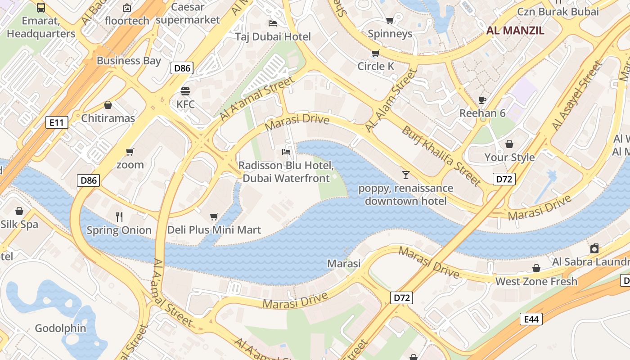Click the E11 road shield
[x=57, y=122]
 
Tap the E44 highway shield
[x=531, y=319]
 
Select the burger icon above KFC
[x=185, y=91]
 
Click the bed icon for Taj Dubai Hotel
[x=273, y=23]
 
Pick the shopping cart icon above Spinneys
[x=390, y=20]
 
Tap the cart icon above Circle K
[x=375, y=53]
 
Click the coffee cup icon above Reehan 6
[x=482, y=100]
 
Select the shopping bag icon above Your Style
[x=509, y=144]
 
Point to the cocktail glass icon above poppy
[x=406, y=175]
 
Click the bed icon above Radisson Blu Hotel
[x=286, y=152]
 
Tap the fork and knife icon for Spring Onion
[x=119, y=217]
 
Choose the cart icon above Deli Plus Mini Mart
[x=214, y=216]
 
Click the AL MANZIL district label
[x=515, y=31]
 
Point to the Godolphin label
[x=60, y=328]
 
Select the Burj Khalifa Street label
[x=441, y=156]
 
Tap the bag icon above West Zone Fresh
[x=536, y=268]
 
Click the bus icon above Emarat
[x=41, y=7]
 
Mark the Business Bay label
[x=129, y=61]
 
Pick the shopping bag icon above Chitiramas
[x=108, y=105]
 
